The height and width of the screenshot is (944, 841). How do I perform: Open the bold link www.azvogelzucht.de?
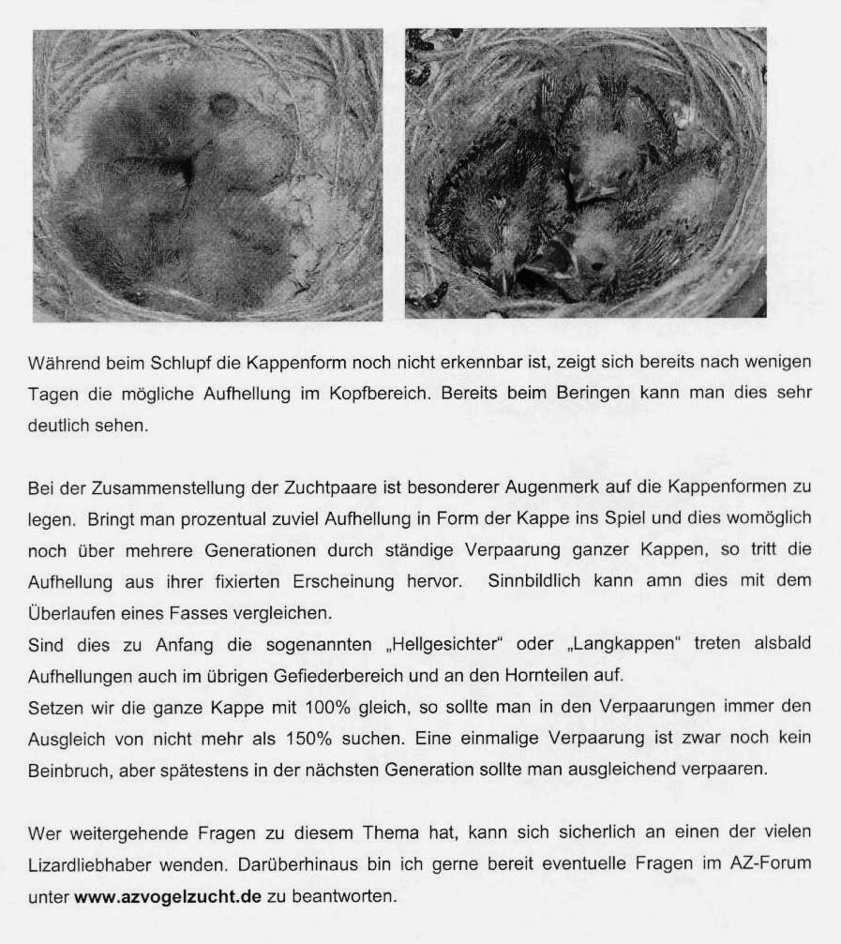(x=167, y=895)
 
